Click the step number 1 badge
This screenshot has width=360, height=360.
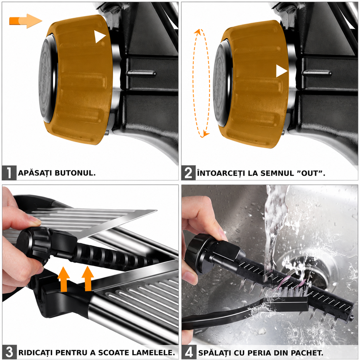pos(9,173)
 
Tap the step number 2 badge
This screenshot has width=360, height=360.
pos(188,173)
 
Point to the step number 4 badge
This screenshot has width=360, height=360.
pos(189,352)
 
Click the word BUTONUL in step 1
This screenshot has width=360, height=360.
pos(75,173)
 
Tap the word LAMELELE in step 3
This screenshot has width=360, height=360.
pos(153,352)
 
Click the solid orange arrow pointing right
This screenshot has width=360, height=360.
pos(26,21)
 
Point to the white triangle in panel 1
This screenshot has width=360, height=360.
pos(99,37)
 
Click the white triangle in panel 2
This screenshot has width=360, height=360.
pos(281,71)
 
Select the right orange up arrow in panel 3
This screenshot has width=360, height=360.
pos(88,279)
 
